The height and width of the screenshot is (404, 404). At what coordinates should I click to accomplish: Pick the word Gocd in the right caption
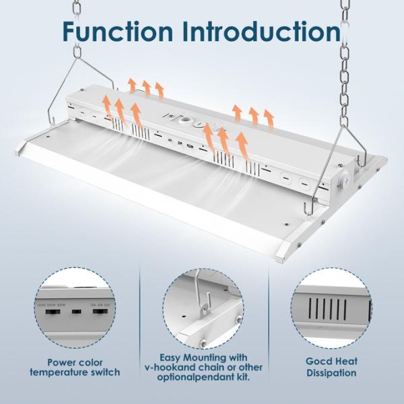(x=309, y=362)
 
